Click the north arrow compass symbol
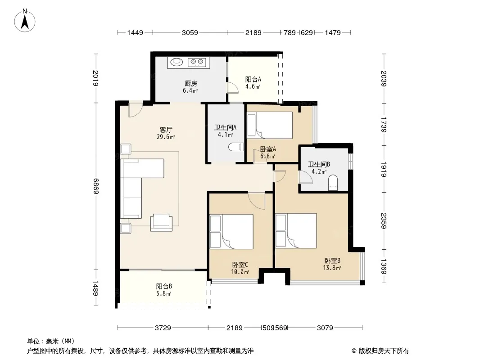click(25, 21)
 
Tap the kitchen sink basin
click(177, 62)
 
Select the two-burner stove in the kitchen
click(197, 63)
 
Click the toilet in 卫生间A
click(236, 147)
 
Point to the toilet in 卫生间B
click(333, 183)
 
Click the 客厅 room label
click(166, 130)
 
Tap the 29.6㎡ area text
click(166, 137)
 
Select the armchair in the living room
click(161, 222)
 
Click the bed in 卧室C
click(231, 232)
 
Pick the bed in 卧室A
click(270, 126)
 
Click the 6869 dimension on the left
click(96, 186)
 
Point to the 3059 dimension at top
click(190, 32)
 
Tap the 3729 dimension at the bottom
click(163, 328)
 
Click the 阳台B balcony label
click(164, 287)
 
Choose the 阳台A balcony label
click(253, 80)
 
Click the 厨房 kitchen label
click(191, 84)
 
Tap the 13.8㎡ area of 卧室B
click(332, 268)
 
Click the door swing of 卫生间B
click(306, 177)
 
